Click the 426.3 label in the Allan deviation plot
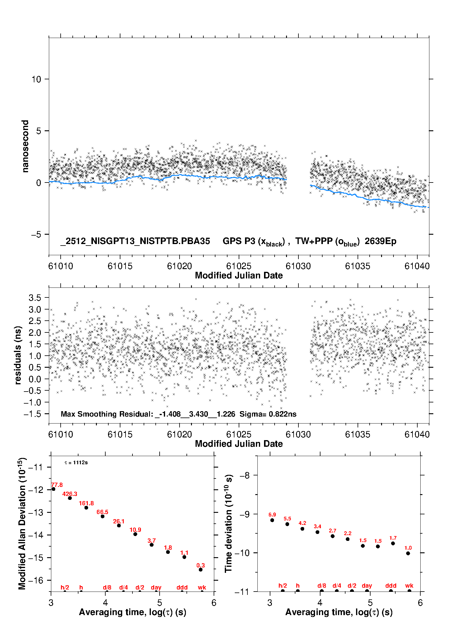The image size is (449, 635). point(70,494)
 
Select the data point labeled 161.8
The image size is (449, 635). point(86,508)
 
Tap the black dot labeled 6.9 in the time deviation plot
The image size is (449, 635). point(272,520)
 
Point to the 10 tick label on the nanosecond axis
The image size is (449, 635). point(36,79)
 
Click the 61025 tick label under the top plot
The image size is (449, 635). point(239,266)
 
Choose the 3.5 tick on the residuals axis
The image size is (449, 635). point(35,298)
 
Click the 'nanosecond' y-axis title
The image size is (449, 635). point(25,146)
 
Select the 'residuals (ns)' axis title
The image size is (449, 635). point(18,355)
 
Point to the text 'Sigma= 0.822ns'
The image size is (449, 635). point(268,414)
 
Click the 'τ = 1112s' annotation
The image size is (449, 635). point(76,463)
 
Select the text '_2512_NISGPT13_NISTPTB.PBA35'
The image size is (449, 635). point(135,241)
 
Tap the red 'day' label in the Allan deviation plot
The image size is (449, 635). point(156,587)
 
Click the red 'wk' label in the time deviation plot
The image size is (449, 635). point(409,586)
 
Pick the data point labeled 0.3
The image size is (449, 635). point(201,570)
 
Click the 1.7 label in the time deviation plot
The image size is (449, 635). point(393,538)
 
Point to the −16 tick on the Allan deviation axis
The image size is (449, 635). point(36,580)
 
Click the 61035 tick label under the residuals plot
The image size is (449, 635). point(358,434)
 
